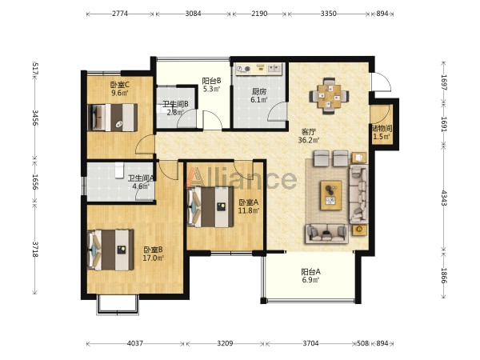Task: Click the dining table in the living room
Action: (330, 96)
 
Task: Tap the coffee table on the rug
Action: (331, 195)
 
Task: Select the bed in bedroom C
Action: (112, 118)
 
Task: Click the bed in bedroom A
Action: (210, 207)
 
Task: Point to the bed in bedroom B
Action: (111, 250)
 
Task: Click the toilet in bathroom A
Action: (119, 170)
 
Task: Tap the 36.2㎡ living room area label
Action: (309, 140)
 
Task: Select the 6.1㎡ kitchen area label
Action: (259, 99)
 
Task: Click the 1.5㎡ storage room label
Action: (382, 137)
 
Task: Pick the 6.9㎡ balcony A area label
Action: (310, 279)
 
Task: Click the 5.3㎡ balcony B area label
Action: (211, 89)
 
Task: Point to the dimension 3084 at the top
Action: (193, 14)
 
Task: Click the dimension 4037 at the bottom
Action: (135, 343)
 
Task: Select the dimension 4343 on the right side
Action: (444, 198)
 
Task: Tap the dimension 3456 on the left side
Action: (35, 118)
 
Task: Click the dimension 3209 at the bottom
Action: (225, 343)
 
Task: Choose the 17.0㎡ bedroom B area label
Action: (153, 258)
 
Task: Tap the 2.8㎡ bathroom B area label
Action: (175, 112)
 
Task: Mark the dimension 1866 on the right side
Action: (444, 275)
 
